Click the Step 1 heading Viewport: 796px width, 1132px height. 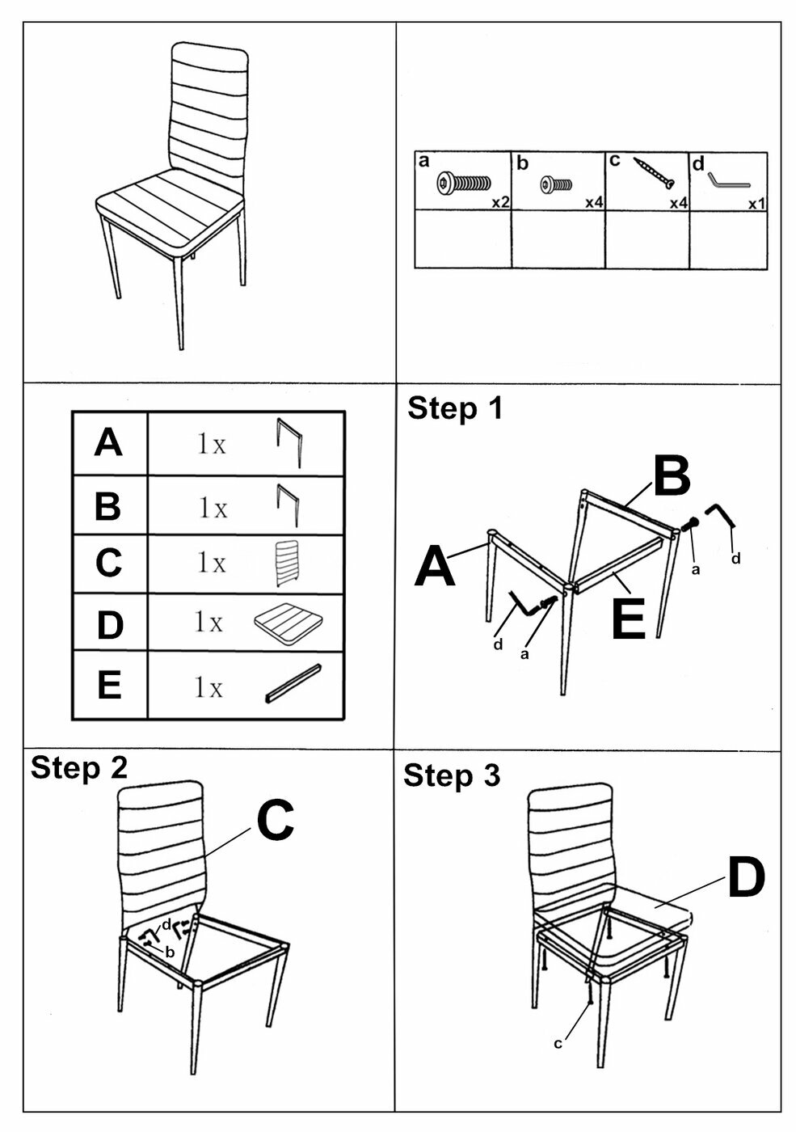[x=455, y=408]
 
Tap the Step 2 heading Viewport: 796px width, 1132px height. [x=79, y=767]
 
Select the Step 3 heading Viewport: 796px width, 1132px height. [x=452, y=775]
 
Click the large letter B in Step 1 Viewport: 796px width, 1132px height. [x=672, y=477]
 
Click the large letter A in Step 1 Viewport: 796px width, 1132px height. [x=435, y=567]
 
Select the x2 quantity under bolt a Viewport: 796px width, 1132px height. [x=500, y=203]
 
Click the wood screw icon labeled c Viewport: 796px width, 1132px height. [x=654, y=172]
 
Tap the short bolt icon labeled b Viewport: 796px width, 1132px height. [x=557, y=185]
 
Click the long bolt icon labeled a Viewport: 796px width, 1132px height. [x=463, y=184]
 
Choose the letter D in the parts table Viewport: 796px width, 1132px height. [x=109, y=625]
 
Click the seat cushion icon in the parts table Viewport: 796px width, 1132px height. [x=288, y=623]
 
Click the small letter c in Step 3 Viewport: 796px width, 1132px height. [x=558, y=1044]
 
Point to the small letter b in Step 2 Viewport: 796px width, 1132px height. [x=170, y=952]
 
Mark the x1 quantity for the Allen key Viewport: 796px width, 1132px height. [x=756, y=204]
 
